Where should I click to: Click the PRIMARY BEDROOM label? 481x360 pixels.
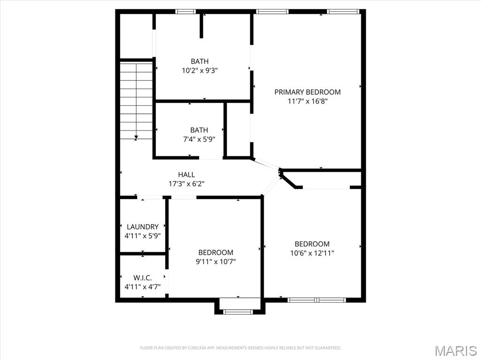(307, 92)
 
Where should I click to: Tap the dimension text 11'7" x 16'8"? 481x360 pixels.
(307, 101)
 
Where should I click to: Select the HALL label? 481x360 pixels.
(186, 175)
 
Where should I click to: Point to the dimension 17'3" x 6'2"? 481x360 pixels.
(186, 184)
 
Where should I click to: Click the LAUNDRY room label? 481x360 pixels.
(142, 227)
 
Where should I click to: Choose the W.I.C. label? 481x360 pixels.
(142, 277)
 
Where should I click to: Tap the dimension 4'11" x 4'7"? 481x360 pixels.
(142, 286)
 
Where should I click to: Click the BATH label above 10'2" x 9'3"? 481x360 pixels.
(200, 61)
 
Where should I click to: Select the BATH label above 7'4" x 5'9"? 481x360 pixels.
(199, 130)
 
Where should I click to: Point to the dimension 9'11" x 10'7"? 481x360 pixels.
(216, 261)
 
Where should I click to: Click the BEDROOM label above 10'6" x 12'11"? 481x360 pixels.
(312, 244)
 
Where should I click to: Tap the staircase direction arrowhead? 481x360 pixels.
(136, 138)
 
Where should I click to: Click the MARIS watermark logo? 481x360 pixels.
(455, 351)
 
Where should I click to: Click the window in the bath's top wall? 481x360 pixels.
(185, 12)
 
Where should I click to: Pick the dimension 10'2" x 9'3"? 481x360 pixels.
(200, 70)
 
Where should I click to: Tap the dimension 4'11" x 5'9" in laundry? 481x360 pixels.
(142, 236)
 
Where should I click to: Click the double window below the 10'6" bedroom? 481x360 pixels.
(317, 299)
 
